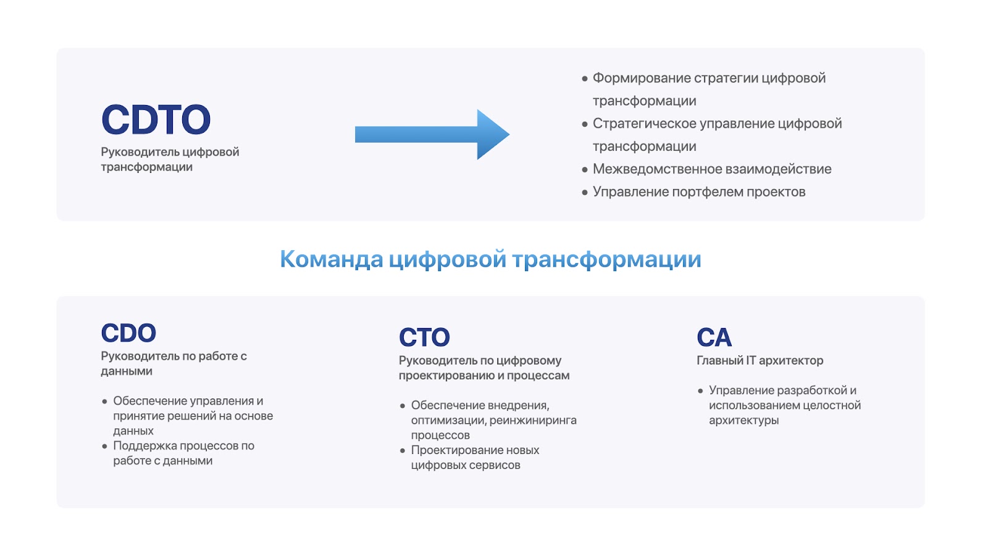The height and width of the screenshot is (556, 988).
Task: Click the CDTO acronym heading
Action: coord(156,119)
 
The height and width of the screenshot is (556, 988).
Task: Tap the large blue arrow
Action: coord(432,134)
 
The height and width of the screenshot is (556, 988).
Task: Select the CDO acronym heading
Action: coord(128,333)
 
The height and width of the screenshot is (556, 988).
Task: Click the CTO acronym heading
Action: coord(424,337)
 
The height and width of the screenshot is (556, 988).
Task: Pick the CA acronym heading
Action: coord(714,337)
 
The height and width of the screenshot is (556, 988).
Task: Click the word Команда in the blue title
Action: coord(332,259)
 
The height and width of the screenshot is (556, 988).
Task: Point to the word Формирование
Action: coord(642,78)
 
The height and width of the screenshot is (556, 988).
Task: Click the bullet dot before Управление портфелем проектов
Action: coord(585,192)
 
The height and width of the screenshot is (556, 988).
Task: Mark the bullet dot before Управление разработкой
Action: coord(700,391)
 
